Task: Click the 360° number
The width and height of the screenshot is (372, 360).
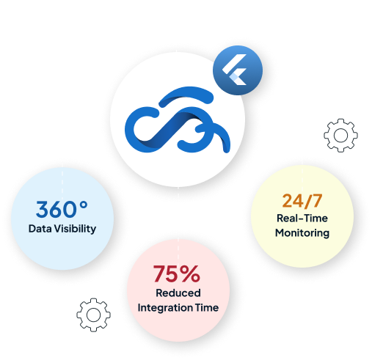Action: tap(62, 209)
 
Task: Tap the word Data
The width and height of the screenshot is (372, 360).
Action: tap(40, 229)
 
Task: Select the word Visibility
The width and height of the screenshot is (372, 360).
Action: tap(75, 229)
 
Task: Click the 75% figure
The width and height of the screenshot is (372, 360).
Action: tap(177, 273)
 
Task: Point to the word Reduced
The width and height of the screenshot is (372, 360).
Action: tap(178, 293)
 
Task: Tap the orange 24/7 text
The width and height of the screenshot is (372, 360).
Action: tap(302, 201)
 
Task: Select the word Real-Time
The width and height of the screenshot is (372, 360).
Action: tap(302, 218)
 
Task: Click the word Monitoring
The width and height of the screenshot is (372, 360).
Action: tap(302, 233)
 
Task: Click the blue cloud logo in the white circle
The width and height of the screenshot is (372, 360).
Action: tap(178, 120)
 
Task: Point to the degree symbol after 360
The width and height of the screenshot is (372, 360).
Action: tap(84, 205)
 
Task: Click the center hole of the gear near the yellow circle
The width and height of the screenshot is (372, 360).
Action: tap(341, 136)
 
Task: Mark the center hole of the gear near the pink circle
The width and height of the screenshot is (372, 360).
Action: tap(93, 315)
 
